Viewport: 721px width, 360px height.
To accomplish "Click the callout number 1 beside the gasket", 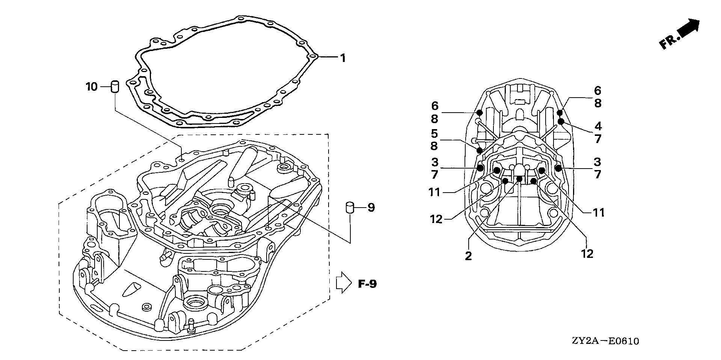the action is tap(342, 58).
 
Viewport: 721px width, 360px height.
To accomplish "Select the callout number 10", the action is tap(92, 87).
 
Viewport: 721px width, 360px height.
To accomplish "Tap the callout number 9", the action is tap(371, 208).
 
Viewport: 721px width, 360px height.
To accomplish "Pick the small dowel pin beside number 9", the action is tap(350, 208).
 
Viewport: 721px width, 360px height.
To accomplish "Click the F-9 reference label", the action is tap(367, 284).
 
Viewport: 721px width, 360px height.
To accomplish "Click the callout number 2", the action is tap(468, 256).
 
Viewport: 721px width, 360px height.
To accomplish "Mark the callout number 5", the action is tap(434, 133).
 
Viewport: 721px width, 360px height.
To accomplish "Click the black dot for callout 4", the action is tap(561, 121).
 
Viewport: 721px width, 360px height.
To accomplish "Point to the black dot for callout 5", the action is tap(480, 151).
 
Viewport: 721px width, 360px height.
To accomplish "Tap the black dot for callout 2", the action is tap(519, 179).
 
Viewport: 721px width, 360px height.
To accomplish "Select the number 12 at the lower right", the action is tap(587, 254).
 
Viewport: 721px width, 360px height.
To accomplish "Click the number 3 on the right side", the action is tap(597, 162).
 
